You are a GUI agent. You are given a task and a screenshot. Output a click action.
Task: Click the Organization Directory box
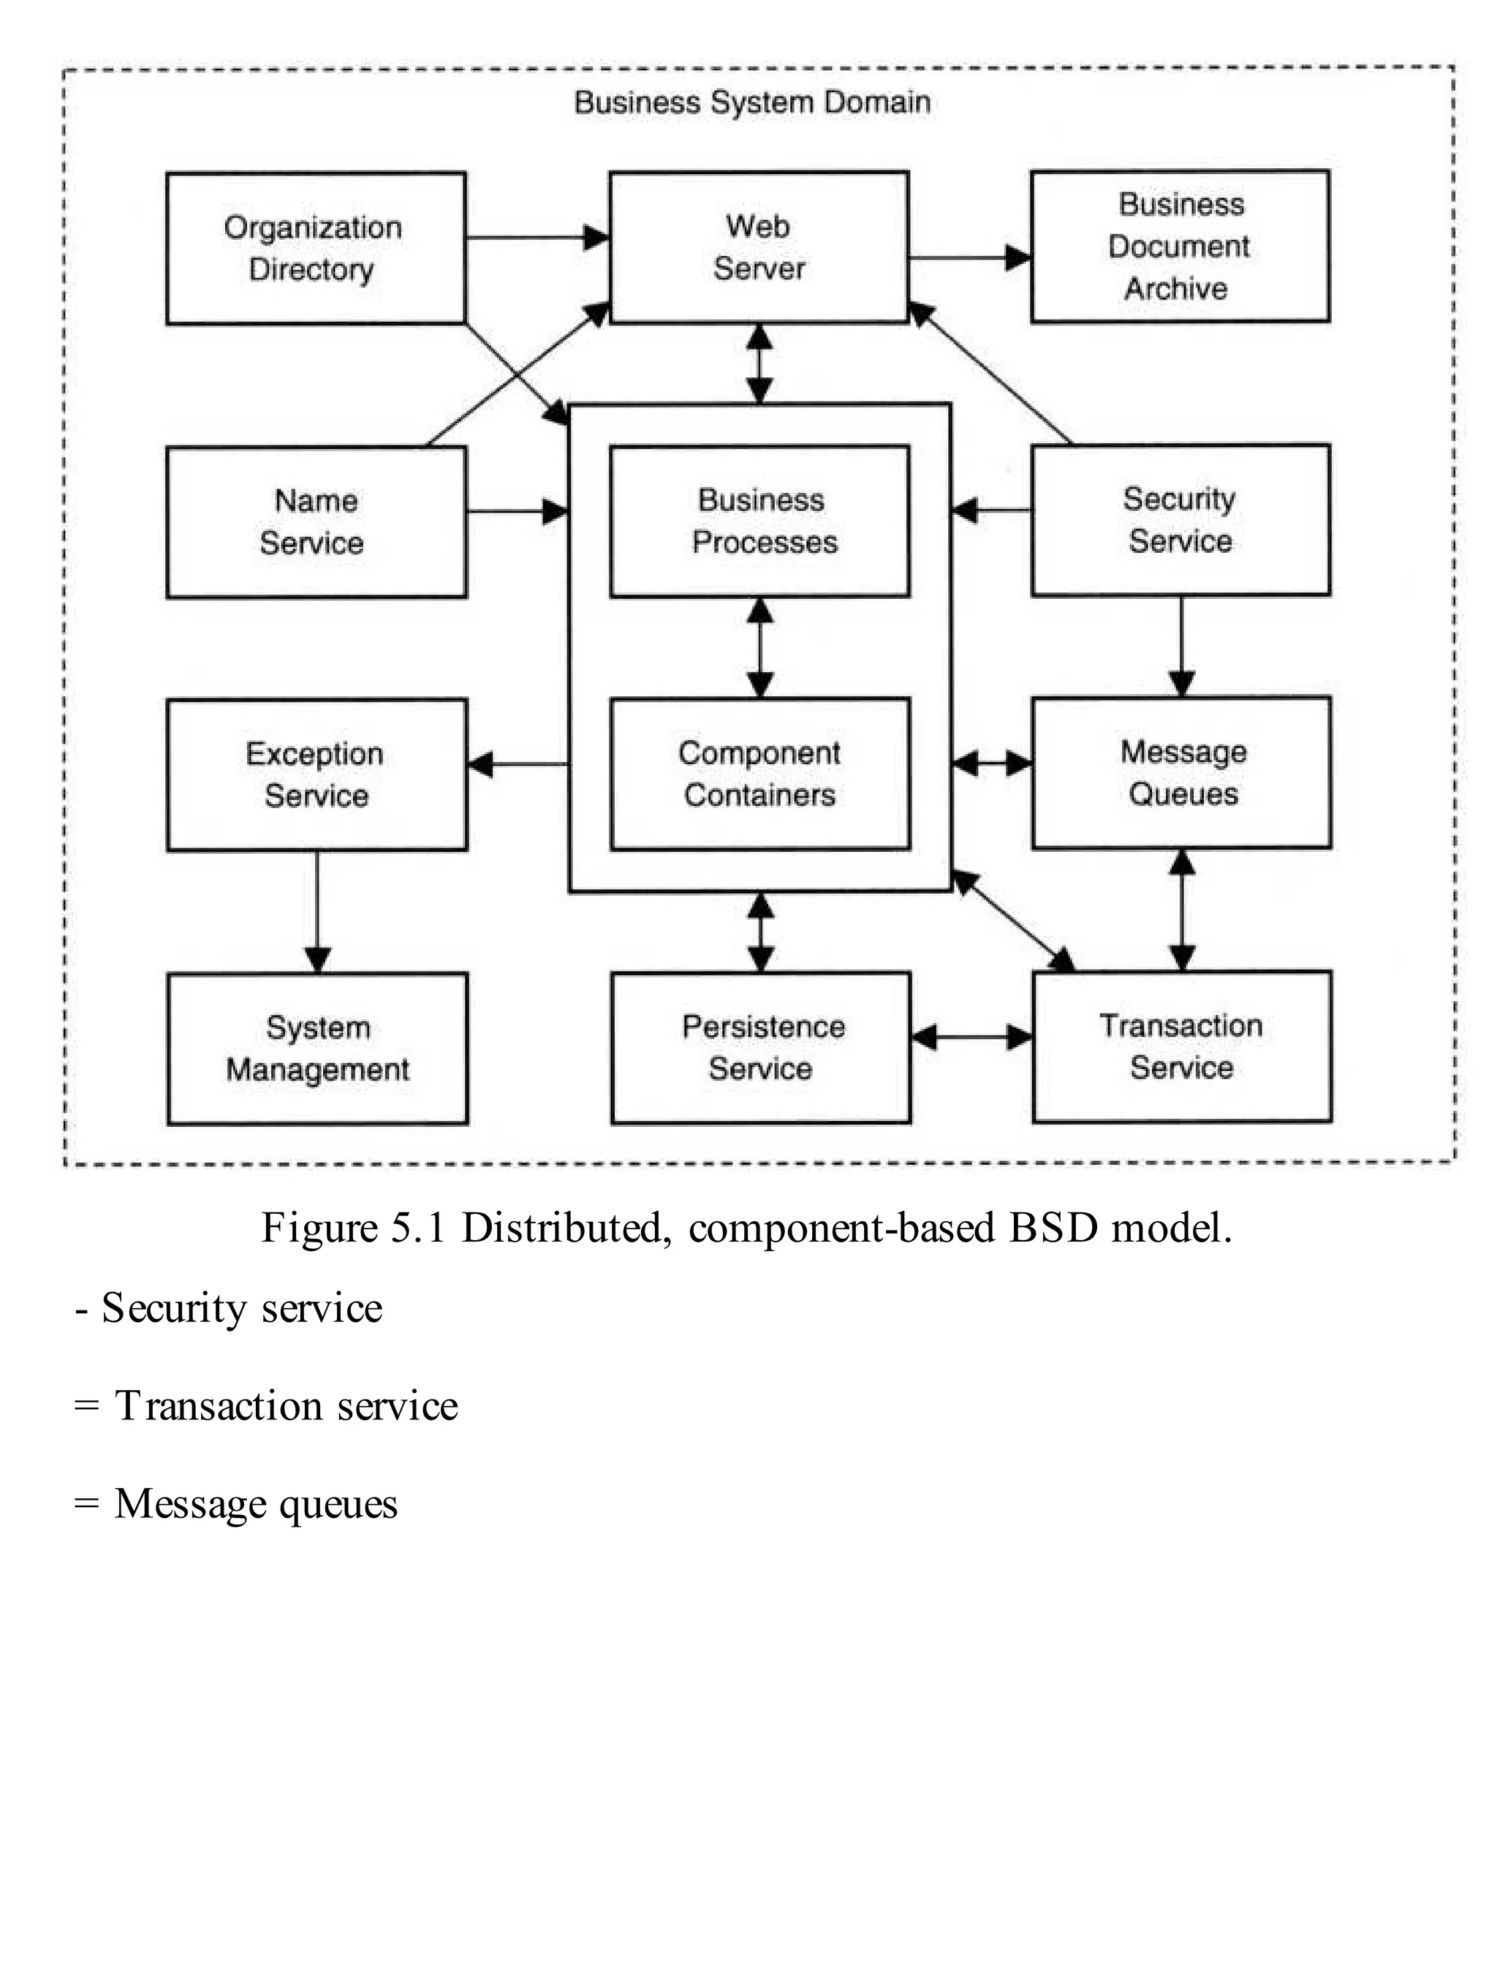[316, 248]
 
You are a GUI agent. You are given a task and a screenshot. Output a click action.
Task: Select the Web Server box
[758, 247]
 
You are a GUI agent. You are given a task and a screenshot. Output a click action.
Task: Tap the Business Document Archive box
[1180, 246]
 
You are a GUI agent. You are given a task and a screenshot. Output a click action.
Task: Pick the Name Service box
[316, 521]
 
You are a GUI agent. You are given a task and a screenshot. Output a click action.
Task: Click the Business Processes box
[760, 521]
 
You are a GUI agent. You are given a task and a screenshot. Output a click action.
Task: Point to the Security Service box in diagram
[1180, 520]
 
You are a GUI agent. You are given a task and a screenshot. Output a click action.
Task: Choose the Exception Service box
[317, 774]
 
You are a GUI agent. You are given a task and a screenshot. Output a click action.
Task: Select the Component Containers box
[760, 774]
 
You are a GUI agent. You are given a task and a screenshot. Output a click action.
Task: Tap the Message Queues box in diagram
[1181, 773]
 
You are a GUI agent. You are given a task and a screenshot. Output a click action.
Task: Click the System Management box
[317, 1048]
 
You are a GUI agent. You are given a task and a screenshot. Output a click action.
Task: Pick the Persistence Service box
[761, 1047]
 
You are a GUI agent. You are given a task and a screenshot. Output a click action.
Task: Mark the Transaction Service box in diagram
[1181, 1046]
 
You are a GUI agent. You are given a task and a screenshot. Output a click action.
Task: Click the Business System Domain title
[752, 102]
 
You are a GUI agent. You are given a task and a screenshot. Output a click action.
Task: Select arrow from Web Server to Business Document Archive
[969, 257]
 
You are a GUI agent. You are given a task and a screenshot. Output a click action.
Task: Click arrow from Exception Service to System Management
[317, 911]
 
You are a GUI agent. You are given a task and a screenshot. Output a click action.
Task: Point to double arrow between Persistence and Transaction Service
[971, 1038]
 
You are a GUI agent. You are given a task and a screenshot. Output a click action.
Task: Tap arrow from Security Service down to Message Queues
[1180, 646]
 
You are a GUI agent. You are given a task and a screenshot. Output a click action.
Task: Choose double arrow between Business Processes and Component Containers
[759, 647]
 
